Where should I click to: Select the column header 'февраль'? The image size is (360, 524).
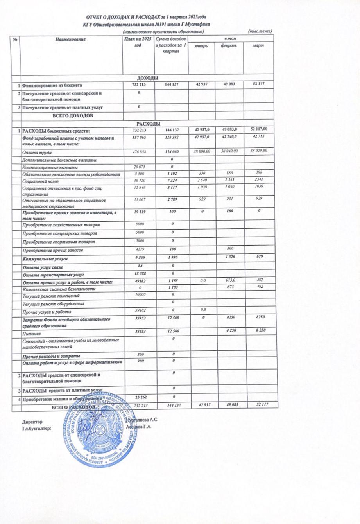tap(229, 46)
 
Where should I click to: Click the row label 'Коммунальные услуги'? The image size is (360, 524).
tap(46, 259)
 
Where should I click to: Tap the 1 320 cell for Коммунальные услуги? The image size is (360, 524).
tap(229, 258)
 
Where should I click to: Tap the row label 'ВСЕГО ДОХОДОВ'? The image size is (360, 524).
tap(73, 116)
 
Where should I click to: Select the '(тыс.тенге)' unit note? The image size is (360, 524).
tap(260, 31)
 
